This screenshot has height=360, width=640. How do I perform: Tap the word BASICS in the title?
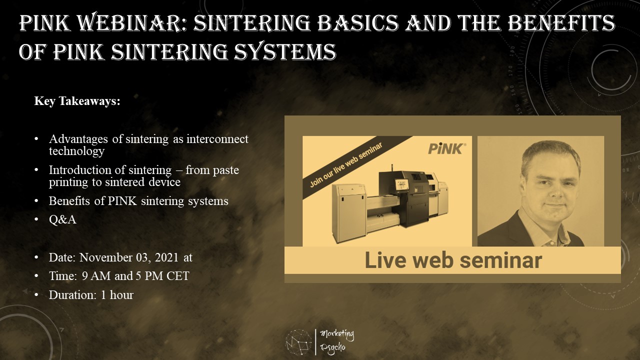(x=357, y=23)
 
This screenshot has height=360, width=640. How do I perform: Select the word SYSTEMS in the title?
(x=285, y=51)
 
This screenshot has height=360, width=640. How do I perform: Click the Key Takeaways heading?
(x=77, y=101)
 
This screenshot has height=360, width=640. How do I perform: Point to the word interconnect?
(x=217, y=139)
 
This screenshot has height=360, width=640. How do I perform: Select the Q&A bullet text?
(x=62, y=219)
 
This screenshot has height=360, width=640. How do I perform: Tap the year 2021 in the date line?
(x=166, y=257)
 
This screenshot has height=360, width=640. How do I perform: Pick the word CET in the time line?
(x=177, y=276)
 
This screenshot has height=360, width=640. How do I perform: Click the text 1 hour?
(x=117, y=295)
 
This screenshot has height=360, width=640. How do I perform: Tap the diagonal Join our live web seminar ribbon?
(x=357, y=167)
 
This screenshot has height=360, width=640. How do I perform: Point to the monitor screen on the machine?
(x=402, y=184)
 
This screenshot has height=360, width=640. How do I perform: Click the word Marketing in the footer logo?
(x=337, y=334)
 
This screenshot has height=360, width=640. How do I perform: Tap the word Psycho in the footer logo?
(x=332, y=348)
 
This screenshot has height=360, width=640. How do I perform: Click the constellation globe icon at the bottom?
(x=298, y=342)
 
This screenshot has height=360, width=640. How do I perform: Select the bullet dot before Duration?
(x=36, y=294)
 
